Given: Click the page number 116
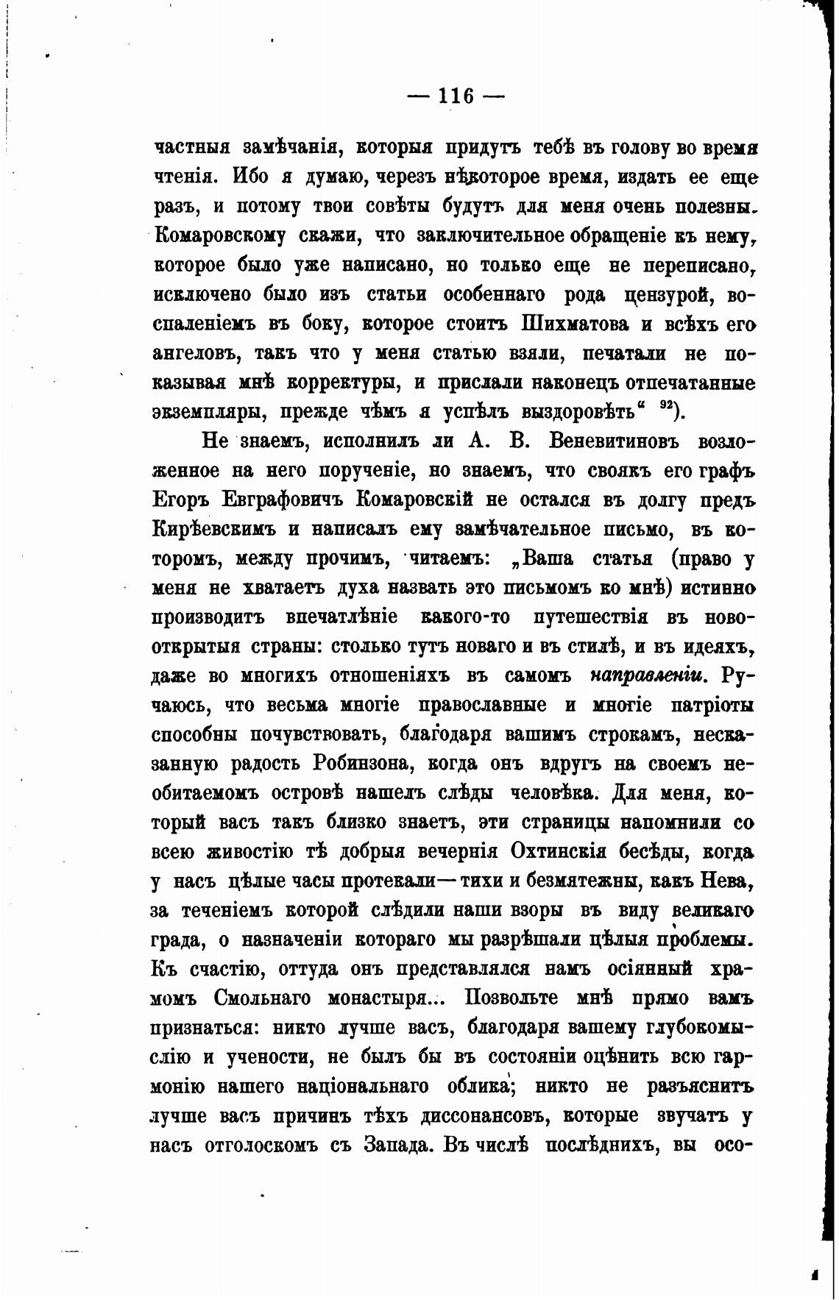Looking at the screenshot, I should (x=456, y=96).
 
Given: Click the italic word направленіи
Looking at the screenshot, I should (x=648, y=675).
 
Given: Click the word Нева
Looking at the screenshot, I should (x=730, y=881).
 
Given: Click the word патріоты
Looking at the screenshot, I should (x=712, y=705).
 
